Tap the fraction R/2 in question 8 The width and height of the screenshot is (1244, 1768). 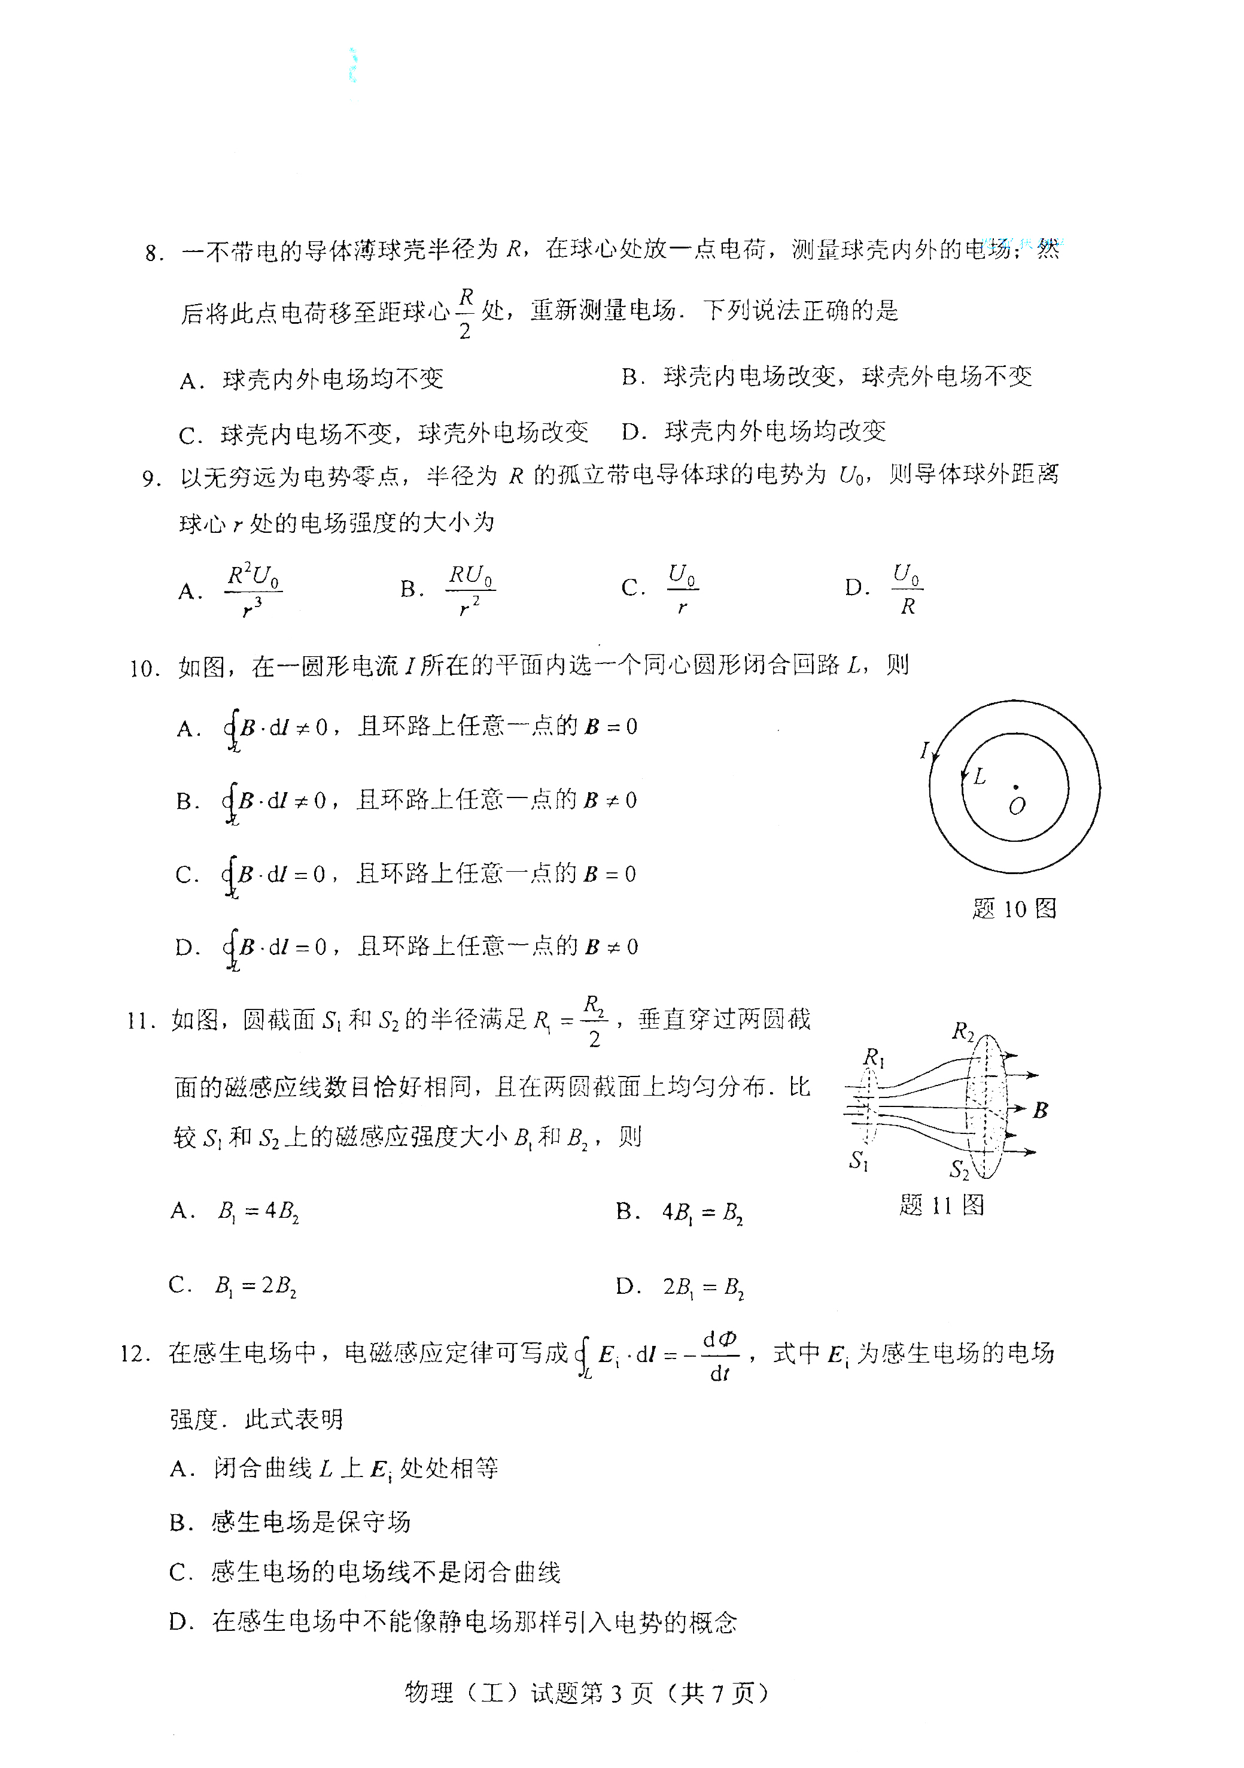pos(465,313)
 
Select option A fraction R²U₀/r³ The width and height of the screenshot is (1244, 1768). pos(253,590)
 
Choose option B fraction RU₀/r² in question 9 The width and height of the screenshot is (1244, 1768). pos(470,590)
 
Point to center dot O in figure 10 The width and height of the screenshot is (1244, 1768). pos(1015,787)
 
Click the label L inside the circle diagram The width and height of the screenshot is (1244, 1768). pos(979,776)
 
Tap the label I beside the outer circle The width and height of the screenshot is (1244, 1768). pos(924,749)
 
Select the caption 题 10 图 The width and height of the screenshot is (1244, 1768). pos(1014,909)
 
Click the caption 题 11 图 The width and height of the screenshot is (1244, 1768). pos(941,1205)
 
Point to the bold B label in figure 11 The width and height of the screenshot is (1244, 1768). pos(1041,1109)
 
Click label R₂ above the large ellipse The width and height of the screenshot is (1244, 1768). pos(962,1030)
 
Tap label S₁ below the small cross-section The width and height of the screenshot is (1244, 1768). pos(858,1160)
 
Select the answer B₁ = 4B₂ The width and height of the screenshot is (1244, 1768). pos(258,1211)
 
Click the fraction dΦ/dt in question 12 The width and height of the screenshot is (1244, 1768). pos(719,1355)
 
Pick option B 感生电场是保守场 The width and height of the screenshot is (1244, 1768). pos(310,1521)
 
